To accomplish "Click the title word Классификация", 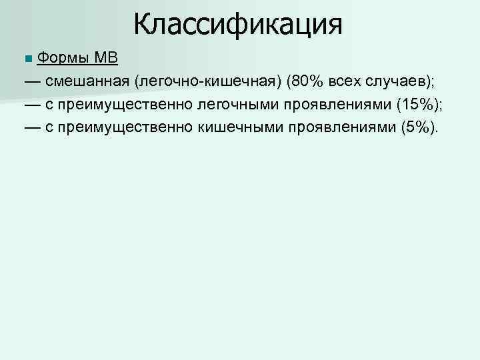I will click(x=237, y=24).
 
